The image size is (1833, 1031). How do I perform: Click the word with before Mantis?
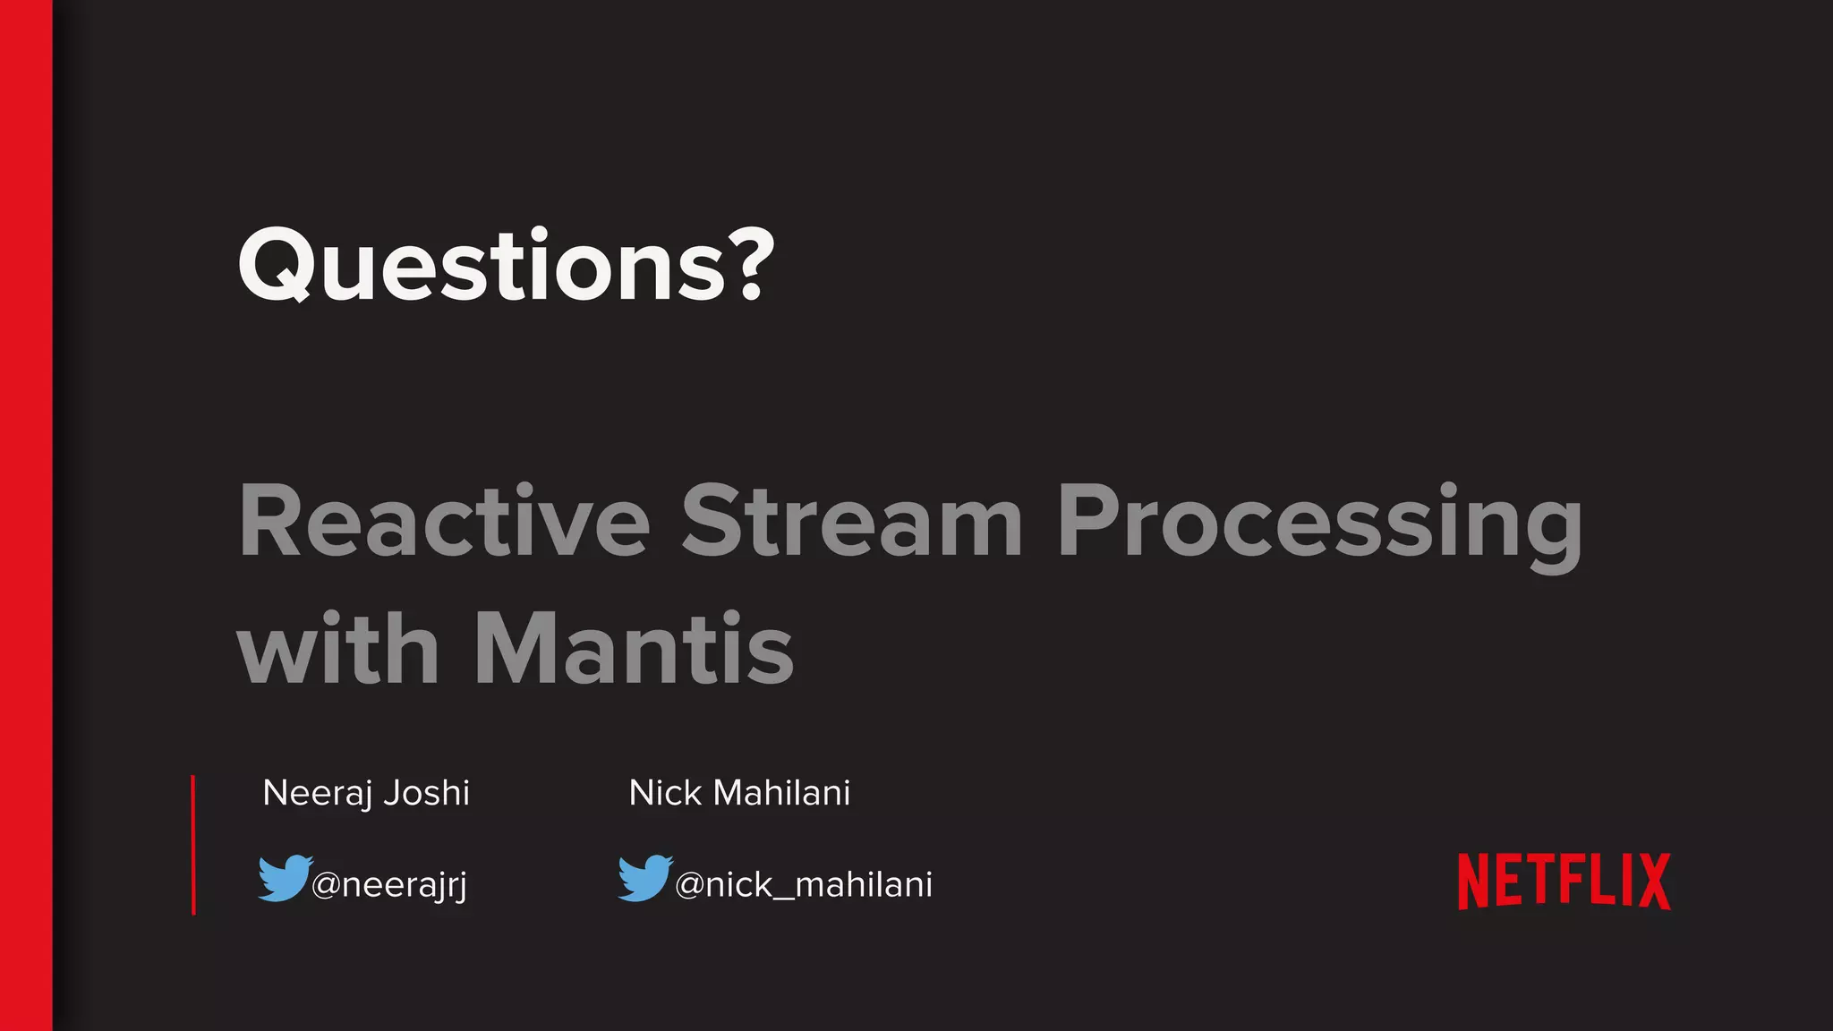click(337, 650)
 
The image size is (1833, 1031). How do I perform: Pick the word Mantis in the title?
click(633, 650)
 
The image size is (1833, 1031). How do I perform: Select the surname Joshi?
click(427, 794)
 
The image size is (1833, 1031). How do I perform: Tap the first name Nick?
click(665, 793)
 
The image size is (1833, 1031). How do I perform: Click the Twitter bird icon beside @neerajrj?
click(284, 878)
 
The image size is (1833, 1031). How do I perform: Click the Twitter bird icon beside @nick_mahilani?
click(644, 878)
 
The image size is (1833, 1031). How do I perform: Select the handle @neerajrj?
click(389, 885)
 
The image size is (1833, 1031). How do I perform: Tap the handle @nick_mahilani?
click(803, 885)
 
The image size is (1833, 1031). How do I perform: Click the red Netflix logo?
click(1564, 882)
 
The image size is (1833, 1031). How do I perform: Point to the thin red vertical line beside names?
click(193, 845)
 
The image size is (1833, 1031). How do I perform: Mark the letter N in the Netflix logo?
click(1473, 882)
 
